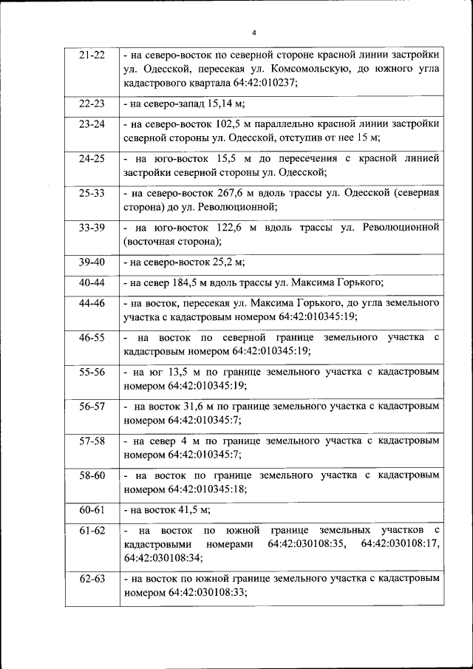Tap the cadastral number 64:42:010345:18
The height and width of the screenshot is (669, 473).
206,489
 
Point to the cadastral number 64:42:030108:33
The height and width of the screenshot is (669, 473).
206,592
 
